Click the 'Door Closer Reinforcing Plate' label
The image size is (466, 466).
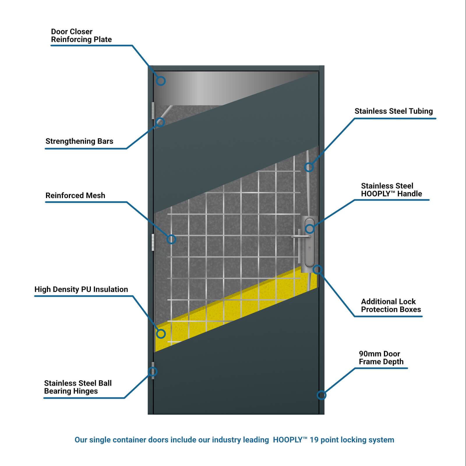pos(81,36)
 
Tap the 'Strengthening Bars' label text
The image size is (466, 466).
pos(79,141)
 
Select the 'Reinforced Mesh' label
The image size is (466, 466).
pos(75,195)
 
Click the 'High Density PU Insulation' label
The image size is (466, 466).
pos(81,289)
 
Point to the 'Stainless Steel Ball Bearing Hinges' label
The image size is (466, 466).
pos(78,387)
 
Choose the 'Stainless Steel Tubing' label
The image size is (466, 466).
pos(393,111)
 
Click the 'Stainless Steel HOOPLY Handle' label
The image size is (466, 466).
pos(391,190)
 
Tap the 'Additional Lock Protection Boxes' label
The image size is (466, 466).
pos(391,306)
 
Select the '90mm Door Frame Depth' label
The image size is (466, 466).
pos(381,358)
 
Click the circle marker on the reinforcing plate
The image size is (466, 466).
pos(161,81)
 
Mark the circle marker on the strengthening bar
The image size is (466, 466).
pos(160,122)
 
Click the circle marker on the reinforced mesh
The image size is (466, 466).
pos(171,239)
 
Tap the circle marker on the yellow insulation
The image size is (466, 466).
pos(161,334)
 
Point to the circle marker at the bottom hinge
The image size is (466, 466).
pos(153,372)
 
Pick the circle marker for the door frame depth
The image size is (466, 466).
pos(321,395)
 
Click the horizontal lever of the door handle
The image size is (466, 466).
pos(301,236)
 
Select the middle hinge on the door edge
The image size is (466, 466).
pos(153,242)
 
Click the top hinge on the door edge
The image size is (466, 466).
pos(153,111)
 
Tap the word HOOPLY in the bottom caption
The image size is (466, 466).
pos(288,440)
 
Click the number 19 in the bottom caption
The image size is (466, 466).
pos(314,440)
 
